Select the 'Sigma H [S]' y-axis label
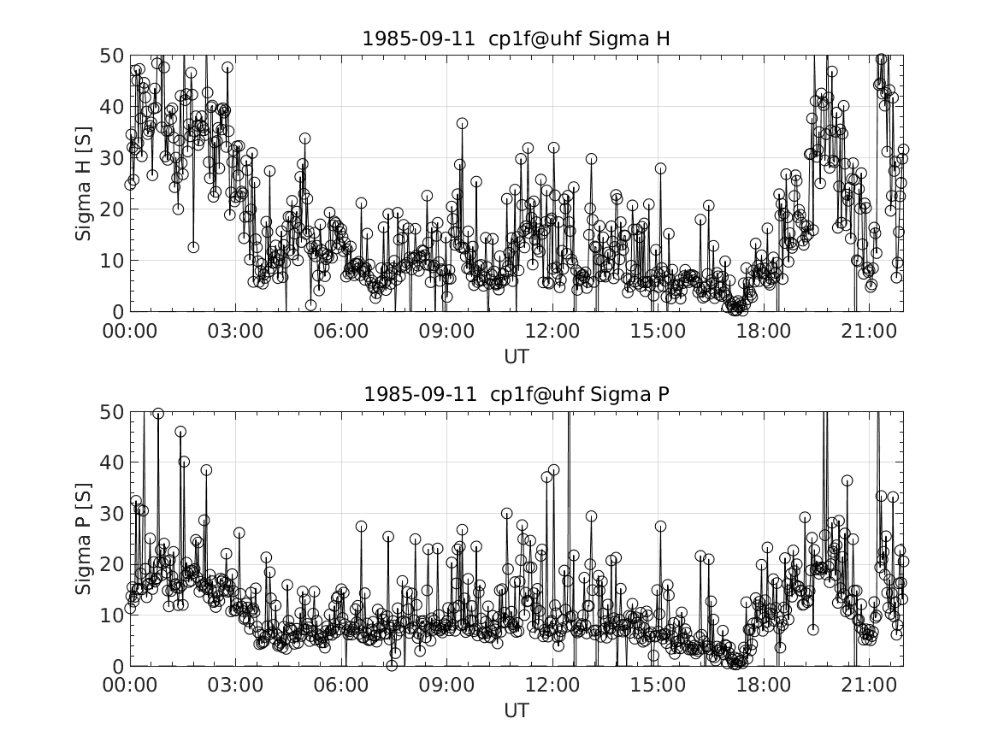83,183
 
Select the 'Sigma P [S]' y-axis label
83,539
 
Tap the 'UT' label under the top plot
516,354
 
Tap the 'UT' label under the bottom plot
516,710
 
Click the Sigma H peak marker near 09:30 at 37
462,123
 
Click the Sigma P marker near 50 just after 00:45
157,414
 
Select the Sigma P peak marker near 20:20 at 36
847,480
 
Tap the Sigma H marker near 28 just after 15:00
660,168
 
